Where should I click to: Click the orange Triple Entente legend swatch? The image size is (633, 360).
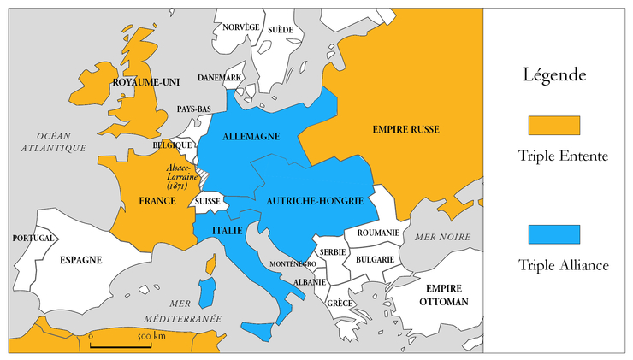(553, 125)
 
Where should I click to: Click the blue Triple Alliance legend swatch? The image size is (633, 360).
(553, 234)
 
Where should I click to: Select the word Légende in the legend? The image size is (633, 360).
(554, 75)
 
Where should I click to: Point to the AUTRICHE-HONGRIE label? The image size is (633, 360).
(310, 200)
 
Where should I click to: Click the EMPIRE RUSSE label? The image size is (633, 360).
(405, 130)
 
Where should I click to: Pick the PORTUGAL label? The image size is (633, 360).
(33, 238)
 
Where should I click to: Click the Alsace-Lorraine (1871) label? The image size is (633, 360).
(180, 176)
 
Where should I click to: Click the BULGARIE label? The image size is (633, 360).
(375, 258)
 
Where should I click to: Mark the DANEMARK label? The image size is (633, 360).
(218, 77)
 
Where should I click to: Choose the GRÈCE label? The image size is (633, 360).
(341, 303)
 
